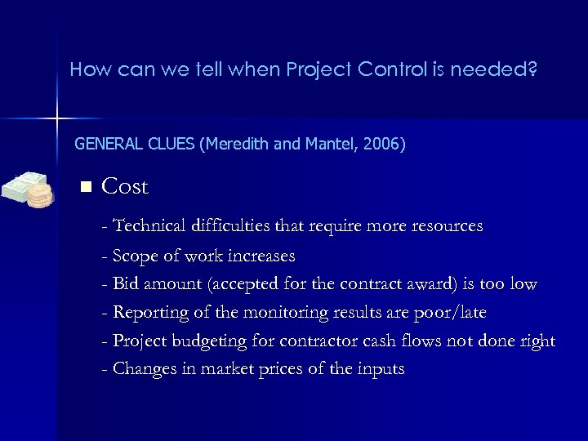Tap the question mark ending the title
point(532,69)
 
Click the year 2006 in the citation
point(385,145)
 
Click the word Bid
point(127,284)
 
